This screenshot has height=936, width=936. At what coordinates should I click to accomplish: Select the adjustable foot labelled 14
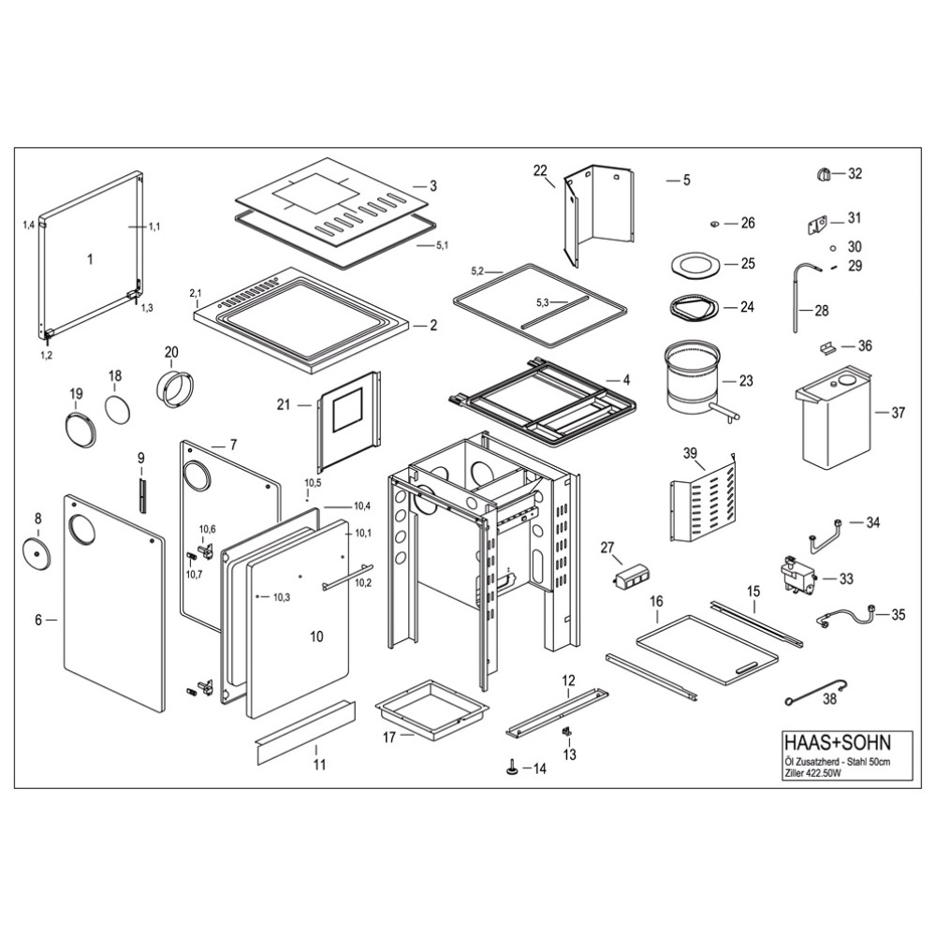pos(512,768)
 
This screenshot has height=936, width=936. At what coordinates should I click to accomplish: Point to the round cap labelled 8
pos(38,552)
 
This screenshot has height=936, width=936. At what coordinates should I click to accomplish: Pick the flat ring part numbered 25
pos(695,265)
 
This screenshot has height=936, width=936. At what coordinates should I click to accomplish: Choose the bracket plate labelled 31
pos(817,224)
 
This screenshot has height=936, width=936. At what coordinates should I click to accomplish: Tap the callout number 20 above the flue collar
pos(170,352)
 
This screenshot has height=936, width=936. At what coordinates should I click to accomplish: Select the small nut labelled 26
pos(713,223)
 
